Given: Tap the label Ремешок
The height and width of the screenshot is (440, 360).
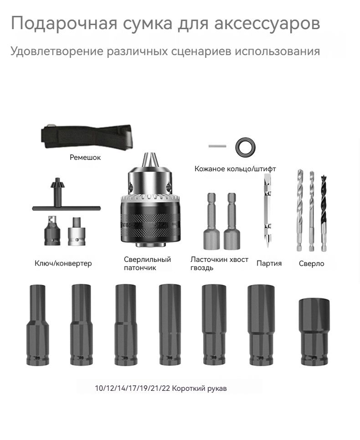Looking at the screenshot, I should point(85,158).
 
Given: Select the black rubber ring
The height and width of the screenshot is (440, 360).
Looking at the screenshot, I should point(245,147).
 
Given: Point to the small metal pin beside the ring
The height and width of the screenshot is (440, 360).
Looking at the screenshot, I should point(217,146).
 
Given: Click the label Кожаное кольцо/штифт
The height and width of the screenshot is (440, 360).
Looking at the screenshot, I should point(235,169).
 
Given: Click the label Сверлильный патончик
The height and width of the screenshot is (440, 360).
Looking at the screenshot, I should point(147,263).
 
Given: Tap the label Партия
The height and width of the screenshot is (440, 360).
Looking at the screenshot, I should point(269,263).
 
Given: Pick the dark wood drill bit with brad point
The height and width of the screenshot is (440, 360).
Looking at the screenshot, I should point(324,212).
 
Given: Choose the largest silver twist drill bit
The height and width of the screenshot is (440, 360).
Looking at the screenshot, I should point(300,210).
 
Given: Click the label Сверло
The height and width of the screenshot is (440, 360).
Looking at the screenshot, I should point(311,264).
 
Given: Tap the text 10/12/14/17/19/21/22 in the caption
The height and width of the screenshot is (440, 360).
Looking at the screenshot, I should point(132,389).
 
